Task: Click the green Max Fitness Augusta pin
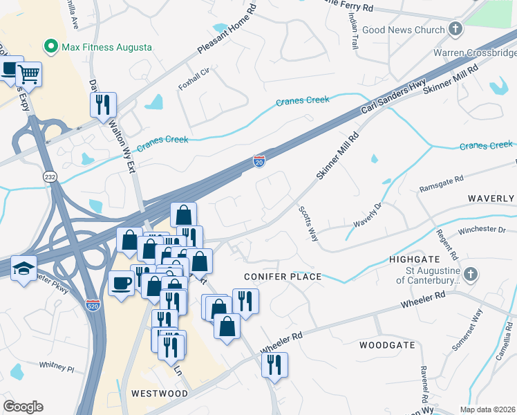click(x=50, y=47)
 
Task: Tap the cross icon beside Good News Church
click(x=455, y=29)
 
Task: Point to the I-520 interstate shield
click(x=93, y=304)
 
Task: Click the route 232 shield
click(x=50, y=176)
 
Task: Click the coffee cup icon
click(x=121, y=284)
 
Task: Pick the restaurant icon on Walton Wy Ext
click(x=103, y=104)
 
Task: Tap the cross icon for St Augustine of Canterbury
click(x=471, y=274)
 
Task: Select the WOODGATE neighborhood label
click(x=386, y=344)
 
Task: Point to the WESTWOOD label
click(x=160, y=393)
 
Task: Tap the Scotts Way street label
click(x=308, y=223)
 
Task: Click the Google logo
click(x=23, y=407)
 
